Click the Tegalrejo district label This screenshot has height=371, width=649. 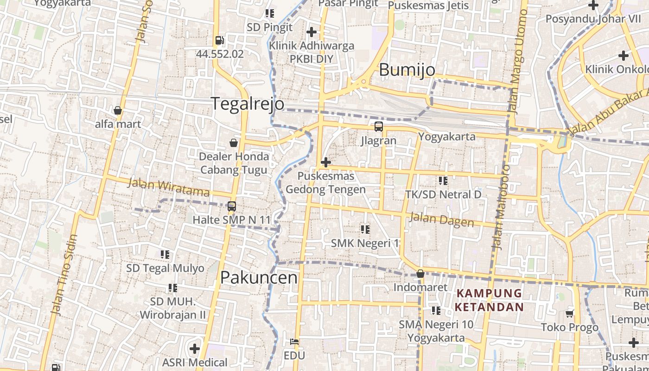coord(248,103)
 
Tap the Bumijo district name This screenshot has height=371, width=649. coord(407,70)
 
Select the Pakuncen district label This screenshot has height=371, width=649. coord(259,277)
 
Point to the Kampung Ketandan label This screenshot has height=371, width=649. coord(489,300)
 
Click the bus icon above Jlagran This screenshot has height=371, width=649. coord(379,127)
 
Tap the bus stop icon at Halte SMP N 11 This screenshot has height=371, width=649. coord(232,206)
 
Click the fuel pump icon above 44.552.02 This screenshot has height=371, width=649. coord(220,41)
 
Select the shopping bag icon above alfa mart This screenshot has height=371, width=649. coord(118,110)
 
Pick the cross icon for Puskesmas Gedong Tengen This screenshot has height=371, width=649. coord(326,162)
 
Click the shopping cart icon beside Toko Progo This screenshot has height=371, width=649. coord(570,313)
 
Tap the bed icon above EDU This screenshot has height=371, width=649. coord(294,342)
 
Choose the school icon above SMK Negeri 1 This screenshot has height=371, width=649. coord(365,229)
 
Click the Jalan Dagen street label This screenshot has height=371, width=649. coord(442,219)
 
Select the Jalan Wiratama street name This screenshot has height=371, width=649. coord(168,187)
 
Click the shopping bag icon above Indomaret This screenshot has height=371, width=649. coord(420,274)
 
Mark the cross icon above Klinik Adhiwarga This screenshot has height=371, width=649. coord(312,32)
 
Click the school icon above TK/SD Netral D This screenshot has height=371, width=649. coord(443,180)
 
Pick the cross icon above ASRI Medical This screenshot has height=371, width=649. coord(195,348)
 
